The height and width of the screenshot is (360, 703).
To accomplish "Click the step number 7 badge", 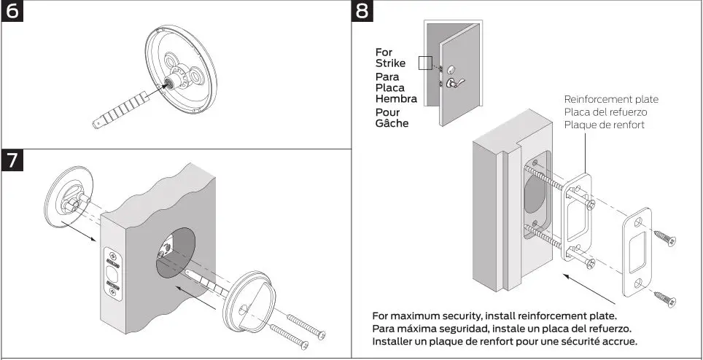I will pyautogui.click(x=14, y=160).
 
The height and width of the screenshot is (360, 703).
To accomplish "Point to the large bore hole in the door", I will pyautogui.click(x=175, y=252).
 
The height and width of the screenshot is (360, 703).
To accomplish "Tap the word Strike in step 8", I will pyautogui.click(x=390, y=63).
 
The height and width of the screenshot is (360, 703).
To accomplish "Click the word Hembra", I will pyautogui.click(x=396, y=99).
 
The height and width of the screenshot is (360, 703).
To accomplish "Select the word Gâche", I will pyautogui.click(x=392, y=123).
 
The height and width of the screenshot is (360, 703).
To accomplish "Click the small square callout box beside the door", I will pyautogui.click(x=425, y=63).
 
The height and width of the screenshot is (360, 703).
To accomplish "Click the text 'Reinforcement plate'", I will pyautogui.click(x=611, y=99).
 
